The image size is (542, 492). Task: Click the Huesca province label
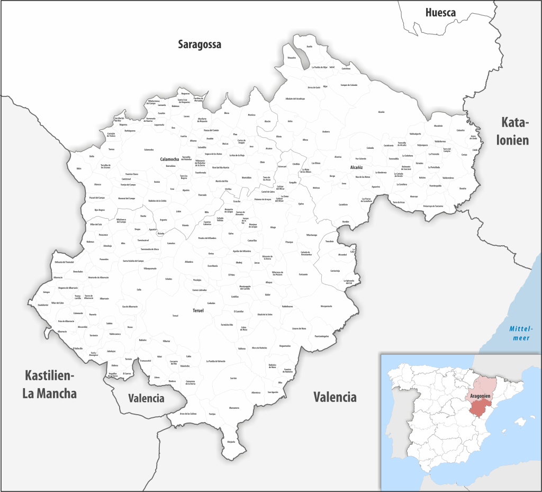coord(440,12)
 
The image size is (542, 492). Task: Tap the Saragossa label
coord(199,44)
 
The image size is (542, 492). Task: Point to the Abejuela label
coord(231,441)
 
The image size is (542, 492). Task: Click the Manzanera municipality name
coord(233,407)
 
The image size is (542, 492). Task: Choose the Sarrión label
coord(233,378)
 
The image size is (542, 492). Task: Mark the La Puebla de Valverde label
coord(216,361)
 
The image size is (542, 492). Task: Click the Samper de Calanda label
coord(349,85)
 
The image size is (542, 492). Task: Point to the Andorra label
coord(326,131)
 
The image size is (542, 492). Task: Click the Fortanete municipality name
coord(303,274)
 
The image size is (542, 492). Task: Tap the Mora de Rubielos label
coord(259,347)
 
